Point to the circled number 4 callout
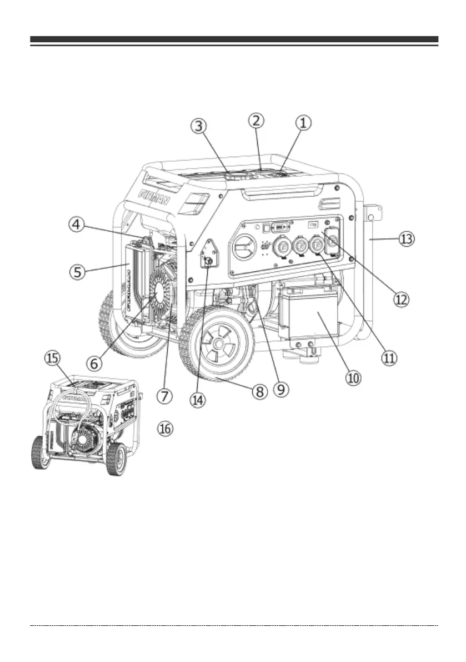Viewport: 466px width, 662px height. [78, 226]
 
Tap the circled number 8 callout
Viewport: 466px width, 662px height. [259, 391]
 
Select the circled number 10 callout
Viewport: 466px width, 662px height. [354, 377]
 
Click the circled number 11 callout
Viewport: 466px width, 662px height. [389, 356]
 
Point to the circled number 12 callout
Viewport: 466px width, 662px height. [401, 298]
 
